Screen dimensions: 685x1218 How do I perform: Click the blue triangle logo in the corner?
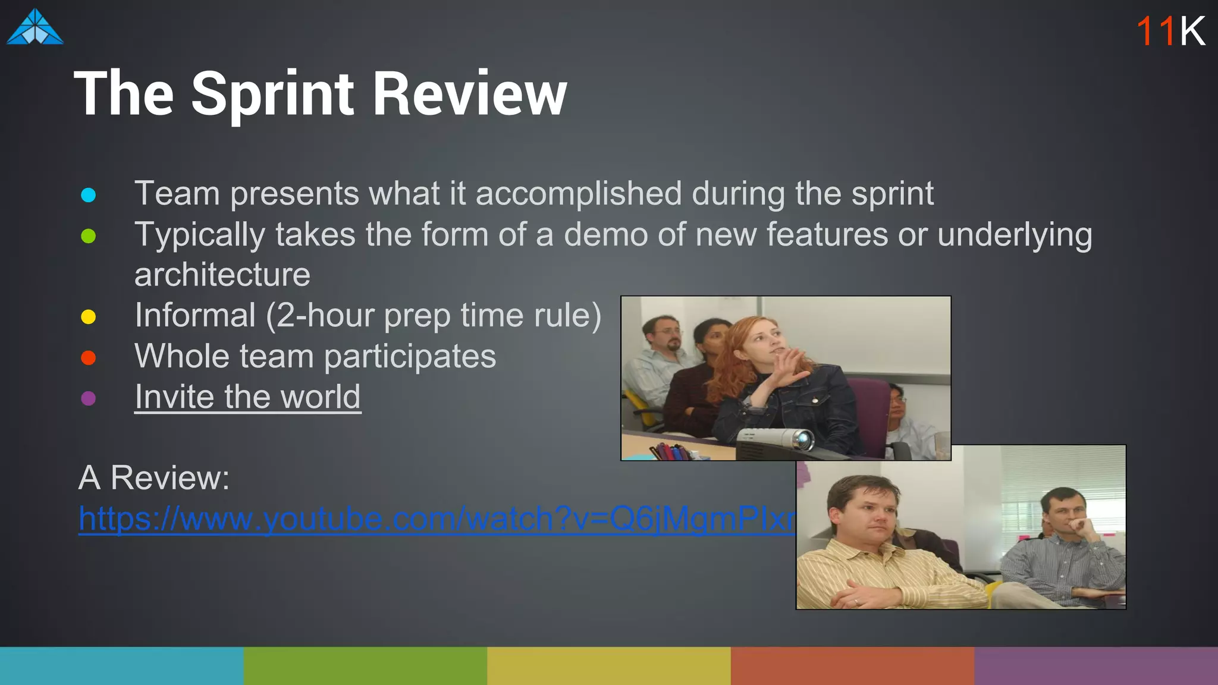pyautogui.click(x=34, y=27)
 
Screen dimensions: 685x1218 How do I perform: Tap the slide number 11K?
pyautogui.click(x=1170, y=31)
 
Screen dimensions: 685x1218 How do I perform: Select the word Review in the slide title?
pyautogui.click(x=469, y=94)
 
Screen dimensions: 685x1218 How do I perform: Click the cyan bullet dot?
pyautogui.click(x=89, y=195)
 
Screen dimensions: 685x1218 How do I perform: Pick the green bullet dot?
pyautogui.click(x=89, y=236)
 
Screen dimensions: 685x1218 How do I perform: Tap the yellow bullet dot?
pyautogui.click(x=89, y=317)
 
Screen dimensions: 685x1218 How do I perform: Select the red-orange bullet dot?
pyautogui.click(x=89, y=357)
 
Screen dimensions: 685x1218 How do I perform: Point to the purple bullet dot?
pyautogui.click(x=89, y=398)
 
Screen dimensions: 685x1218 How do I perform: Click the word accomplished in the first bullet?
pyautogui.click(x=578, y=194)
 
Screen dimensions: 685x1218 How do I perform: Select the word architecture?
pyautogui.click(x=222, y=275)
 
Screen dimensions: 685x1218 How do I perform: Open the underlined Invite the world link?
pyautogui.click(x=247, y=397)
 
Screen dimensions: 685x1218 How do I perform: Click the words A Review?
pyautogui.click(x=154, y=477)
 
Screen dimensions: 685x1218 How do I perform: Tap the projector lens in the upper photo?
pyautogui.click(x=803, y=441)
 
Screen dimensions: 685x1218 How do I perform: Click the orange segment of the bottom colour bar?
pyautogui.click(x=852, y=666)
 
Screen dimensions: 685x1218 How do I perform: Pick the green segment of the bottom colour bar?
pyautogui.click(x=365, y=666)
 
